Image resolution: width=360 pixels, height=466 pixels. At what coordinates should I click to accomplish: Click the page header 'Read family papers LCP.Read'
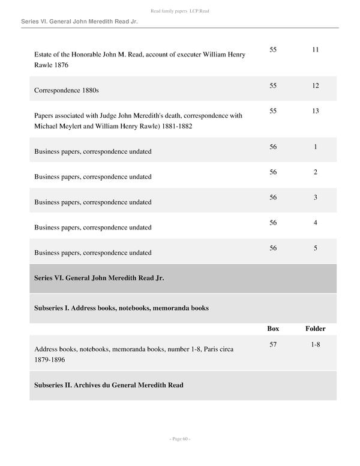(x=179, y=11)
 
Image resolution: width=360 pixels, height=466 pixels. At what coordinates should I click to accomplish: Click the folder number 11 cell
(x=315, y=50)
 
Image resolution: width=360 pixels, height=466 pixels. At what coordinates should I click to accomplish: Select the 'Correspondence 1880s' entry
(x=67, y=90)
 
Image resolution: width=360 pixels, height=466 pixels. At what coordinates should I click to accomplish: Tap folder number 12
(x=315, y=86)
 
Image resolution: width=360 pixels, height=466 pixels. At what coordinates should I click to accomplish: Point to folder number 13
(x=315, y=111)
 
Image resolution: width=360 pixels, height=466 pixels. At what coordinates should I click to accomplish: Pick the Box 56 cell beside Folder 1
(x=273, y=147)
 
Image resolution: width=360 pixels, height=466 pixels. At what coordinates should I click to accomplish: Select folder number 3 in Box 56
(x=315, y=198)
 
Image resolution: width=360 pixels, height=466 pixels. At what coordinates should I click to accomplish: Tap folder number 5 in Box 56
(x=315, y=248)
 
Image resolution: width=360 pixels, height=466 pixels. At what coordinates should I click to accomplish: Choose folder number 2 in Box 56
(x=315, y=172)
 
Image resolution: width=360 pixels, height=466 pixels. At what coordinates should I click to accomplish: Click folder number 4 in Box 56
(x=315, y=223)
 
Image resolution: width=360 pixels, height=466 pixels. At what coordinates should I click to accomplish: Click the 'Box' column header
(x=273, y=328)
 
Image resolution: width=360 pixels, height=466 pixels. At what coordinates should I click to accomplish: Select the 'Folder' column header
(x=315, y=328)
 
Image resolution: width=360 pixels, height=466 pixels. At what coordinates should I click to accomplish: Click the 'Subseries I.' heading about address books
(x=122, y=308)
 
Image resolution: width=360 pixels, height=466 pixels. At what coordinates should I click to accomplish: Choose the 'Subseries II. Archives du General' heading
(x=109, y=385)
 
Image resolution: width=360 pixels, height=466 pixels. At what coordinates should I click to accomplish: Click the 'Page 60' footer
(x=179, y=439)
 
